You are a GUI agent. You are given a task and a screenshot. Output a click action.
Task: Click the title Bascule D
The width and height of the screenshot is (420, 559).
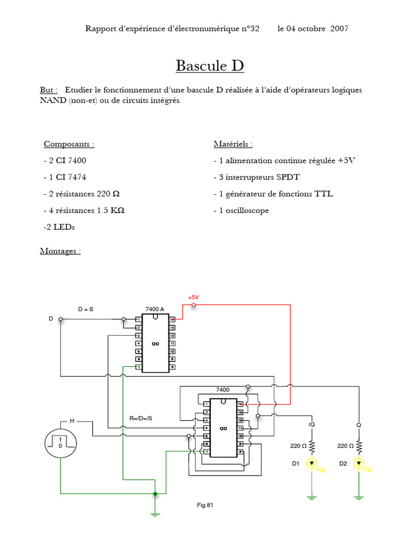coord(209,66)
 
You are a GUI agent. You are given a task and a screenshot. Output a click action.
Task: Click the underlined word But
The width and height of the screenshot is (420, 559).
coord(47,90)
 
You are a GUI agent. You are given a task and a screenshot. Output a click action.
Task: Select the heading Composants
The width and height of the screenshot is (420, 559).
coord(69,144)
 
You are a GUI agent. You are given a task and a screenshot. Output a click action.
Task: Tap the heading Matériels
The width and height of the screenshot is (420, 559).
coord(233,144)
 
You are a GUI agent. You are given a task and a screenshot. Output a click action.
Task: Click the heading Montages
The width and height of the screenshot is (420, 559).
coord(60,251)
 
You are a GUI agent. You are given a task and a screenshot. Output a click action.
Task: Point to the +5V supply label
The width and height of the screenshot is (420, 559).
coord(194,298)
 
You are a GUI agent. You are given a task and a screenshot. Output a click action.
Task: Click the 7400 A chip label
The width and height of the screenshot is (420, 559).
coord(155,309)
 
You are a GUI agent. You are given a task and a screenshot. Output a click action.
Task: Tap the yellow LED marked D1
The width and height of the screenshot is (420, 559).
coord(312,464)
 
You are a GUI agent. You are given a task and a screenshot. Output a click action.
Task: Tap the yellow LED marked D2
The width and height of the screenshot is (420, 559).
coord(359,464)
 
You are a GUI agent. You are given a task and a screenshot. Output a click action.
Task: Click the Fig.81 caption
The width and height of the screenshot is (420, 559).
coord(205,505)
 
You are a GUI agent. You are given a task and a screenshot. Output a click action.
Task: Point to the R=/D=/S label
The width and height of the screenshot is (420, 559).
coord(141,418)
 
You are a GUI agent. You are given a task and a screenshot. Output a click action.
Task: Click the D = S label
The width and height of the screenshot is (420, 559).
coord(86,309)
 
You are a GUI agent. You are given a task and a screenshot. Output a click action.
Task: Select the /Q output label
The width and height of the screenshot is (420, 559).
coord(312,424)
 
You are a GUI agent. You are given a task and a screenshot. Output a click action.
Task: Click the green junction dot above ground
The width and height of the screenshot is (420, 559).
coord(155,494)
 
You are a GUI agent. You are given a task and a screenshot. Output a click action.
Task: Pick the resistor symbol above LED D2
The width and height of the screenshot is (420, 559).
coord(359,447)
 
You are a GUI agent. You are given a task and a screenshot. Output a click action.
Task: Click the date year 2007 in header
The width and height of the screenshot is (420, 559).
coord(340,28)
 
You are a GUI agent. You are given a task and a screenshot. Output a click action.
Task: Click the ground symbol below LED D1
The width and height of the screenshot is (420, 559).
coord(312,497)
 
